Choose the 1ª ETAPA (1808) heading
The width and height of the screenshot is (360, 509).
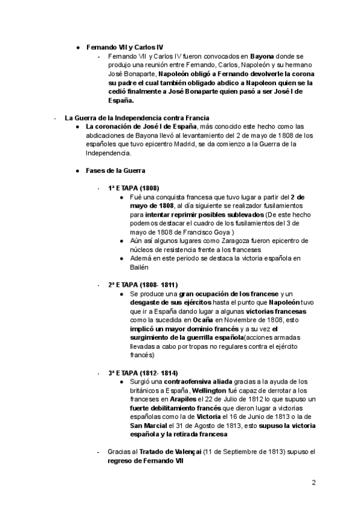coord(133,188)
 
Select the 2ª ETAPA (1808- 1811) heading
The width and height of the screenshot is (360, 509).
coord(143,284)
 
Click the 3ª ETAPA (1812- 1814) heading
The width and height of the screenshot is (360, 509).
coord(143,373)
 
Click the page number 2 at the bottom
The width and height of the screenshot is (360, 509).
coord(314,482)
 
